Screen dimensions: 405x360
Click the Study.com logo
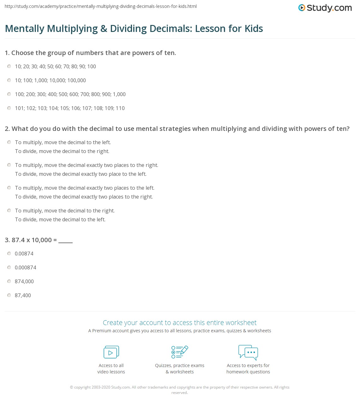[x=325, y=8]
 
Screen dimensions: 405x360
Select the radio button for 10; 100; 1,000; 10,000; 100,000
[x=9, y=80]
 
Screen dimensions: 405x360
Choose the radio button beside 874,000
[x=9, y=281]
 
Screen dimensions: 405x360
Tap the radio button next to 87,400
[x=9, y=295]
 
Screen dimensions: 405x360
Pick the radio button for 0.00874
[x=9, y=254]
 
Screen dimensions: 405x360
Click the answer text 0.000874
[x=26, y=267]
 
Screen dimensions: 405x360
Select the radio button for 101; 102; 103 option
[x=9, y=108]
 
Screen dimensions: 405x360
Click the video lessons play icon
[x=111, y=352]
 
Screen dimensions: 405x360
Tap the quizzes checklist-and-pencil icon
[x=180, y=352]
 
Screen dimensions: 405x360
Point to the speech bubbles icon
[x=248, y=352]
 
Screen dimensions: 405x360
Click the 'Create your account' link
[x=179, y=322]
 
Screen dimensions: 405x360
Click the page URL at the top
[x=101, y=6]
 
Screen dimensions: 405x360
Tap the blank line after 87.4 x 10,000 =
[x=66, y=241]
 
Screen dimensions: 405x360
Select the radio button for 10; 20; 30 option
[x=9, y=66]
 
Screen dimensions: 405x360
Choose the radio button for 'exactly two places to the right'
[x=9, y=165]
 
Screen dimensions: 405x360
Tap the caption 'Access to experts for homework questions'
[x=248, y=369]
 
